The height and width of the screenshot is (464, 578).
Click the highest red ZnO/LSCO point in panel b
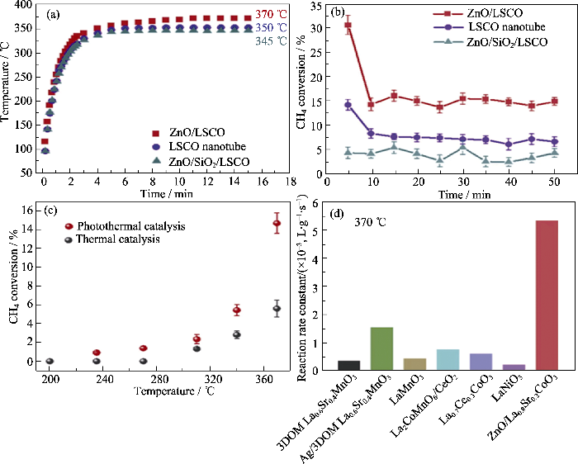tap(348, 26)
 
